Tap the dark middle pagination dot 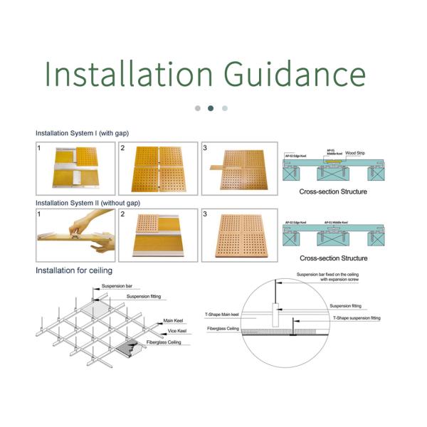[x=211, y=108]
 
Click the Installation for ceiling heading [x=74, y=270]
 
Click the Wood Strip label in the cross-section [x=356, y=152]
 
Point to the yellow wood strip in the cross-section [x=332, y=162]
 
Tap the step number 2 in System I [x=122, y=148]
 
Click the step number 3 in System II [x=206, y=214]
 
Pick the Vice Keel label [x=177, y=332]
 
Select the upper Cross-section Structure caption [x=333, y=192]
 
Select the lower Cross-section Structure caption [x=333, y=258]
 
